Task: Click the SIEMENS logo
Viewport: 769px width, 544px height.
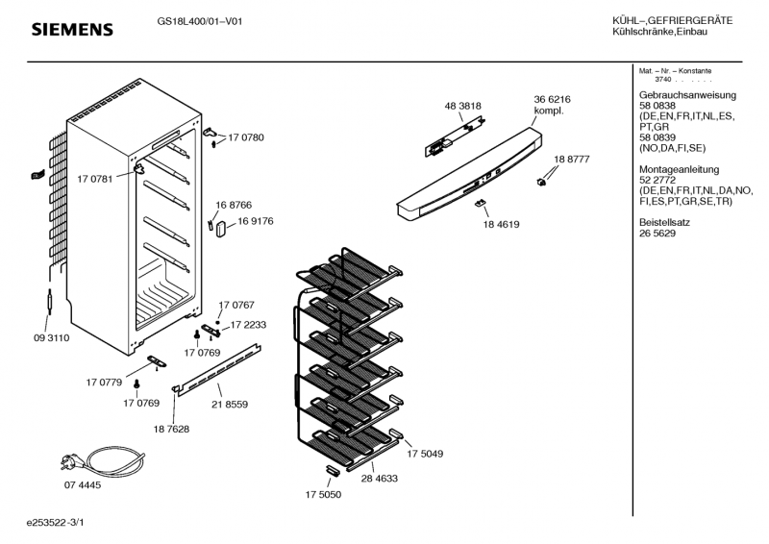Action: point(73,30)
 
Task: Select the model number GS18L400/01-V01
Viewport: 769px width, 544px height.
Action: point(199,22)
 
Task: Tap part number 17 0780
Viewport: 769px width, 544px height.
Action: point(246,138)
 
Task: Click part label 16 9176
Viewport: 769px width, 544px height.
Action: point(256,221)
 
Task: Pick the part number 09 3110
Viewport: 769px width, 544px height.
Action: point(51,338)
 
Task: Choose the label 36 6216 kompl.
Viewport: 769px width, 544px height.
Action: point(552,105)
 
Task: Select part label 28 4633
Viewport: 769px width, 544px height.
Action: point(380,478)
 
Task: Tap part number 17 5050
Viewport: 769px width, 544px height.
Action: point(324,494)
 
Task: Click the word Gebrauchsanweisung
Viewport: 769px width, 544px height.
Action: point(687,95)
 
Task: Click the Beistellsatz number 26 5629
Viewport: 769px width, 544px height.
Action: point(657,234)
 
